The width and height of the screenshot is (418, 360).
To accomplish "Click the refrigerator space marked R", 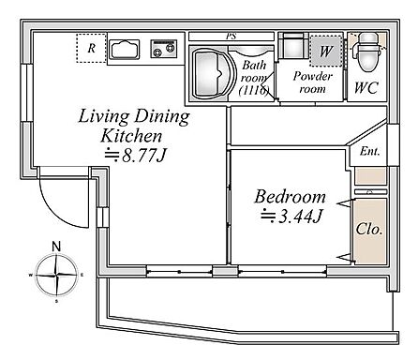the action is click(91, 48).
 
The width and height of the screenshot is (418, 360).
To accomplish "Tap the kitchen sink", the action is click(126, 50).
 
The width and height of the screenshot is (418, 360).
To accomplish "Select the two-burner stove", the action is click(164, 49).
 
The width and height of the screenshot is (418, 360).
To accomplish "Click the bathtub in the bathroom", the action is click(212, 73).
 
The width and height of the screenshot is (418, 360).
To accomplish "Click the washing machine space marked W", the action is click(325, 51).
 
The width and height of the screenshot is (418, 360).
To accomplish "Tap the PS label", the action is click(231, 37).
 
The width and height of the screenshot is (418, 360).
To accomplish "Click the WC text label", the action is click(366, 88).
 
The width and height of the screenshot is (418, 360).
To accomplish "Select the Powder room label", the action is click(312, 82).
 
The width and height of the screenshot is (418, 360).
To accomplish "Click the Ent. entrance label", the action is click(369, 152).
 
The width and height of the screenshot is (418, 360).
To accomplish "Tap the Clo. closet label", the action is click(369, 229).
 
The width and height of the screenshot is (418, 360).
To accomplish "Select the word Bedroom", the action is click(290, 197).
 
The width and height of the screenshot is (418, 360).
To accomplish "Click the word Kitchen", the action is click(131, 136).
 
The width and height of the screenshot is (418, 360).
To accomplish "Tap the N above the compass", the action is click(56, 247).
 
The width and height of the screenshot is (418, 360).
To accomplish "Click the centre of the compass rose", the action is click(56, 276).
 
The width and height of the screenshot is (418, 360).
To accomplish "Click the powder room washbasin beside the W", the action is click(292, 45).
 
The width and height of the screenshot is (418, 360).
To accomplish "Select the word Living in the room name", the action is click(104, 116).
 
